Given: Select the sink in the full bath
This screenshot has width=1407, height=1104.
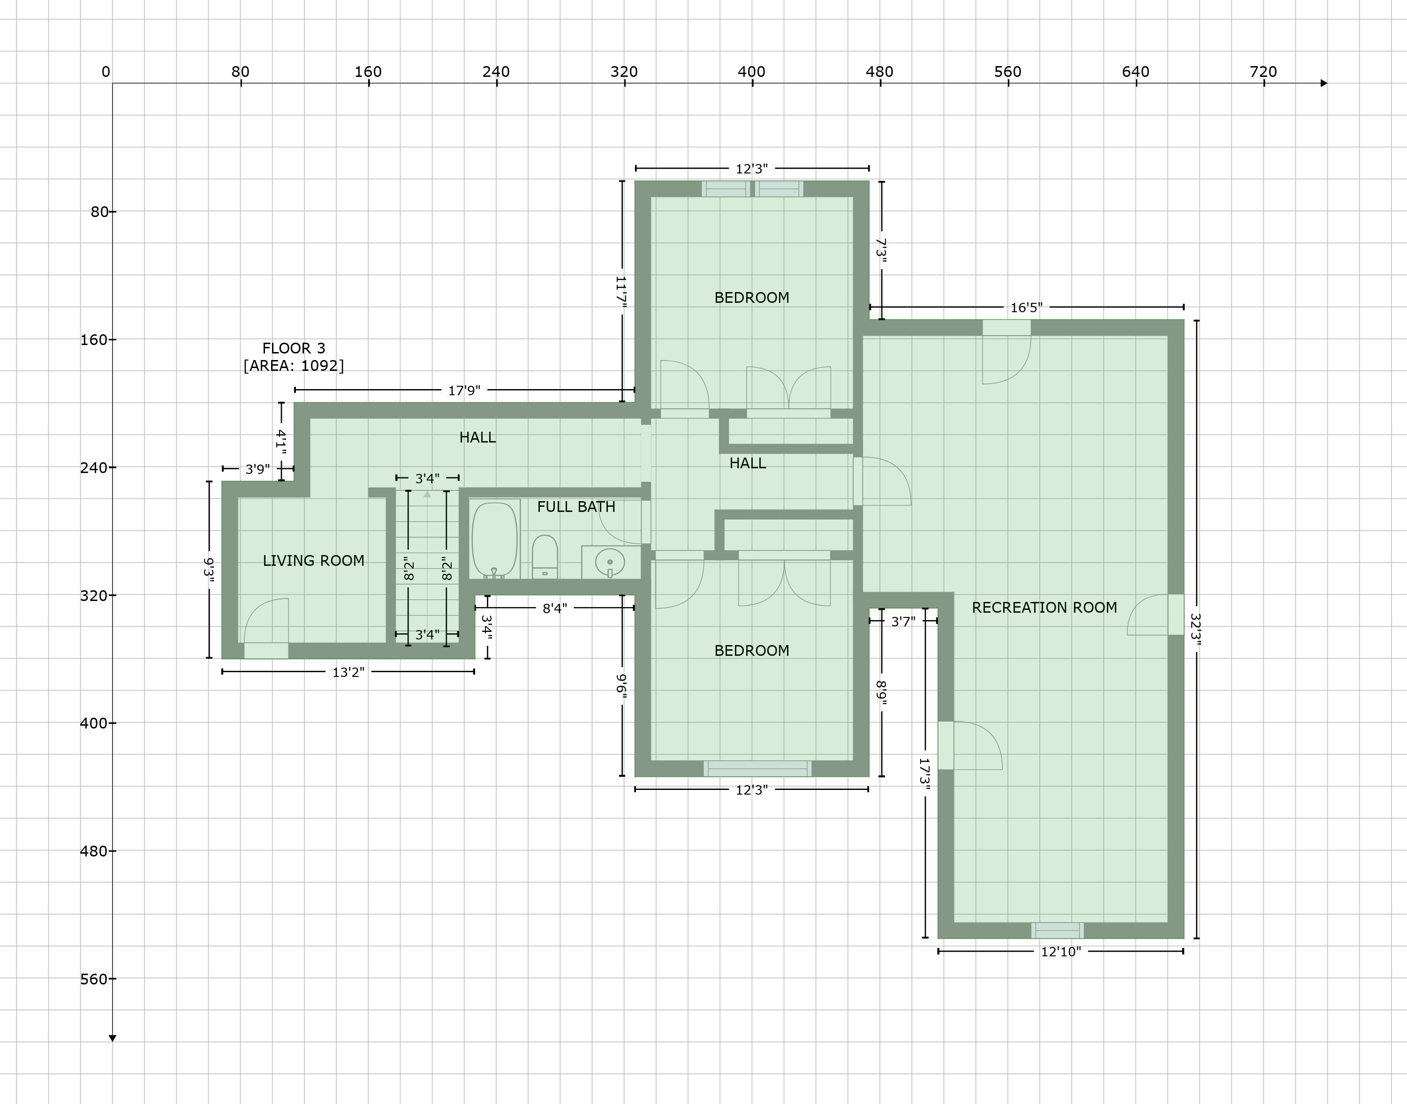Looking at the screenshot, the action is [610, 562].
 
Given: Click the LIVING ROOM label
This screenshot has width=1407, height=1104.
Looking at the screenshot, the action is [314, 560].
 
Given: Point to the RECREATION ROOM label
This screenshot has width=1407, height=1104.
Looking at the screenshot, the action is [1044, 608].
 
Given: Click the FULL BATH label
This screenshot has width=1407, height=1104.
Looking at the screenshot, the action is [576, 507].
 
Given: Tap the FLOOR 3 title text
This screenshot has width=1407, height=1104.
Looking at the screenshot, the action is [294, 348].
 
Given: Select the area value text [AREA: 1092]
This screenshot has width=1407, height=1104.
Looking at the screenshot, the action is [294, 366].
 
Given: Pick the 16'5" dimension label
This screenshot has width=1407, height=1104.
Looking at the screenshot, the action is [1026, 308].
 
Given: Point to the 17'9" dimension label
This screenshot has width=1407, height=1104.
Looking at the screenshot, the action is [464, 391].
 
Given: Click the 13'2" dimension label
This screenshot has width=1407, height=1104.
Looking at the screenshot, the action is [348, 672].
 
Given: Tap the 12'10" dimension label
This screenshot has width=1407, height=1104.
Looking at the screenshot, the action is [1060, 952].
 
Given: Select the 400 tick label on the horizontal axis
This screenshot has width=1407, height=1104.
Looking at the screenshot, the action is [751, 72].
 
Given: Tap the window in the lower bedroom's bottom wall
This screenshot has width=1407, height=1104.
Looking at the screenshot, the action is [757, 768].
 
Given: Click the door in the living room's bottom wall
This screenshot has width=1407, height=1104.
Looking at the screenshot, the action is [266, 650].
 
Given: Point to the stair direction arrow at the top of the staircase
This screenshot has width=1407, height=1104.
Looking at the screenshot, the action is [427, 495].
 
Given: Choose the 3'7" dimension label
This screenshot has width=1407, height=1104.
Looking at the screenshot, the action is [903, 622].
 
